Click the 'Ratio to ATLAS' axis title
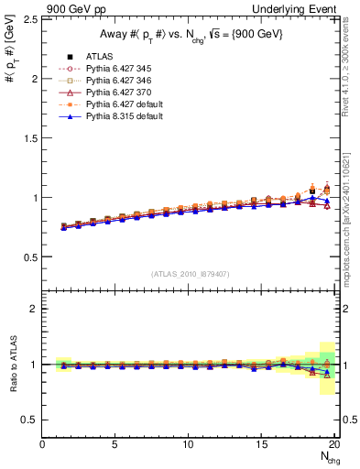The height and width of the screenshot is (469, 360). pyautogui.click(x=12, y=364)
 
